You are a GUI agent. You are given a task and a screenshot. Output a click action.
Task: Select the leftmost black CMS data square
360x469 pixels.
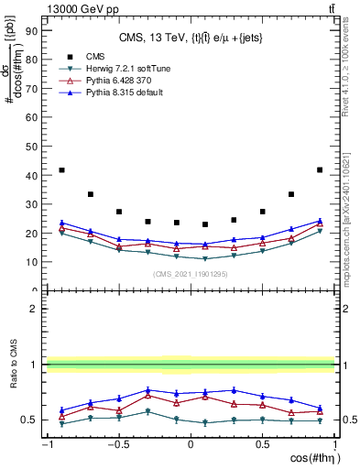tap(61, 170)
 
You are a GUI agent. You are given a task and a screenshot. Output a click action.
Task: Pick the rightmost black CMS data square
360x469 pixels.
tap(319, 170)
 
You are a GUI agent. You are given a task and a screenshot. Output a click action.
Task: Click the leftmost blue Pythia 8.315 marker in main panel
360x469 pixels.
tap(61, 223)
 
